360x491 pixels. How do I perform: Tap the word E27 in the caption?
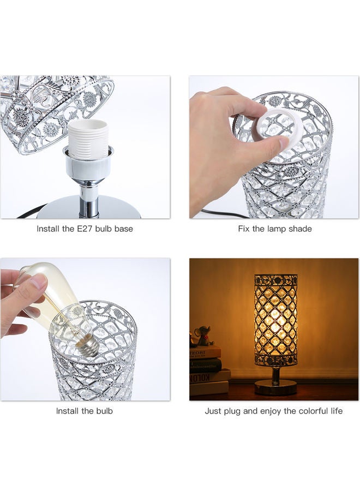pos(84,229)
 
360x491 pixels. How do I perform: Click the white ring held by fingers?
pos(280,129)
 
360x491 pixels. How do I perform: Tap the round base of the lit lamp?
pos(275,387)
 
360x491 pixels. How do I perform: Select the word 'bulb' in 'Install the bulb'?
pos(104,411)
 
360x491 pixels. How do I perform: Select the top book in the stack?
pos(205,352)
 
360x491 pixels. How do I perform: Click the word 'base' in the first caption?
pos(124,229)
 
